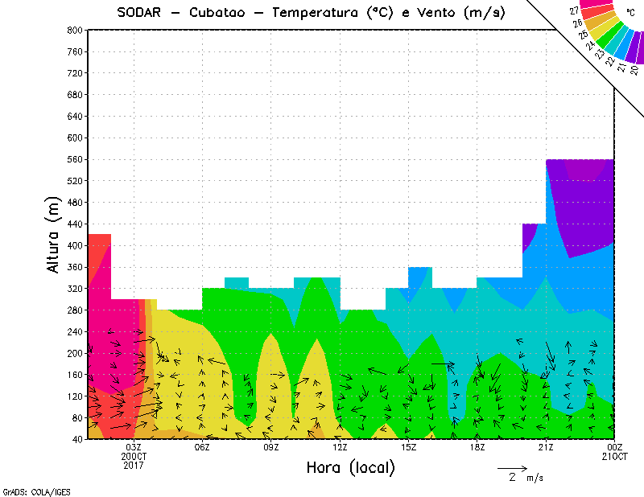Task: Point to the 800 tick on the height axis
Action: pos(75,30)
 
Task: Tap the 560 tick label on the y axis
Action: pos(75,160)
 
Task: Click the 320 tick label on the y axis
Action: pos(75,288)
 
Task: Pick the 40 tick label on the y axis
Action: pos(77,439)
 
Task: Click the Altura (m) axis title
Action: pos(54,236)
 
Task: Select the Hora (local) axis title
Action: pos(350,467)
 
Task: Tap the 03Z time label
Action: pos(134,447)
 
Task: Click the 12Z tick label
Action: pos(340,447)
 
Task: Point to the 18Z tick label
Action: pos(477,447)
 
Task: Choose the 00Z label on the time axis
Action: pos(615,447)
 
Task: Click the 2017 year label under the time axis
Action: pos(134,465)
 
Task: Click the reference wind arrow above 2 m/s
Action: pos(512,467)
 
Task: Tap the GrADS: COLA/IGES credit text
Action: pos(31,491)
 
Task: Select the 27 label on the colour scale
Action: pos(574,10)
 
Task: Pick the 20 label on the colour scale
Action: pos(634,70)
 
